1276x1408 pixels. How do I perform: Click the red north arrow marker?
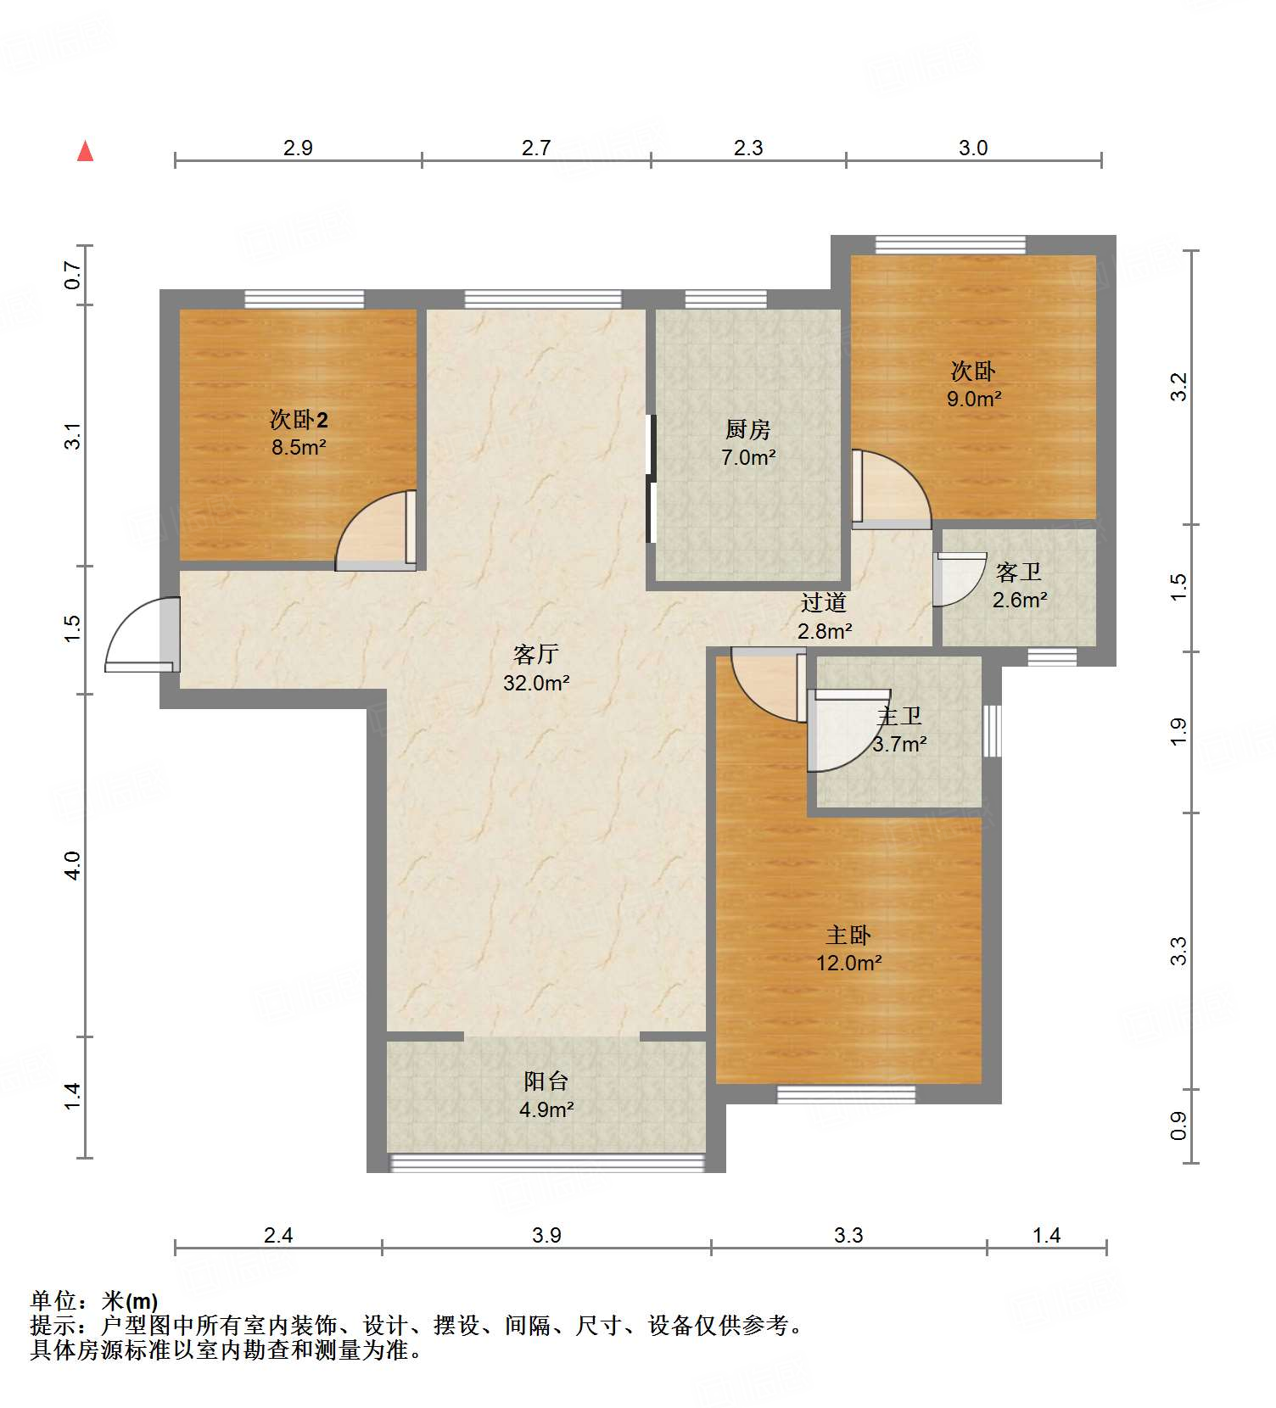(85, 151)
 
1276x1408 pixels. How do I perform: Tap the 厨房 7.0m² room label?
(748, 444)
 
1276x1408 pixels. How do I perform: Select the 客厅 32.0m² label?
(536, 668)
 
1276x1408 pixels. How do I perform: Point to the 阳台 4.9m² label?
(546, 1095)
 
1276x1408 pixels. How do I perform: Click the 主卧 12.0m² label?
(848, 949)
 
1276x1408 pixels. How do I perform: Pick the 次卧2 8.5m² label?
(299, 433)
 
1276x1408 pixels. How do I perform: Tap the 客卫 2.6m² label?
(1019, 586)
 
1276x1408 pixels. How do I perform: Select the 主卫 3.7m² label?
(899, 730)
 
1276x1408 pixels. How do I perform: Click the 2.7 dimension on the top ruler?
(536, 148)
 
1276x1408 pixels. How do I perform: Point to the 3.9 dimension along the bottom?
(546, 1235)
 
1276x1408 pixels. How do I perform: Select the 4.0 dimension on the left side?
(73, 865)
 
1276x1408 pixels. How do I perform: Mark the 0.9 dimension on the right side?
(1178, 1126)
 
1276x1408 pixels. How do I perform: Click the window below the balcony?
(546, 1162)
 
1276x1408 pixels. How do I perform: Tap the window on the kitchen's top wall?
(725, 299)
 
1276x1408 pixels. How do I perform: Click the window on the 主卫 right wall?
(992, 730)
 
